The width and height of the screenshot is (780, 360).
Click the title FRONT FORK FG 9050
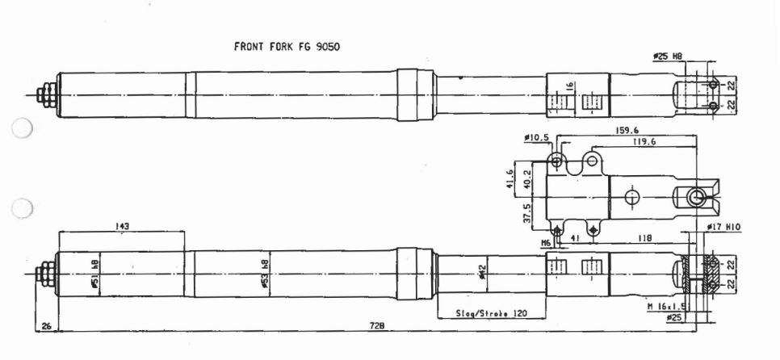pyautogui.click(x=287, y=46)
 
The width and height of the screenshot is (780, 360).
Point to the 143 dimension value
pyautogui.click(x=123, y=227)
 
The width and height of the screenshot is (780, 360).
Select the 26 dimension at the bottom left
pyautogui.click(x=46, y=325)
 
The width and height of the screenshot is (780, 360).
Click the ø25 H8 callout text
pyautogui.click(x=669, y=57)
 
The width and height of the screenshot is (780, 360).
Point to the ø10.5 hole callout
pyautogui.click(x=536, y=138)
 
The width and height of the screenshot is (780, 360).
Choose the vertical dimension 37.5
pyautogui.click(x=527, y=213)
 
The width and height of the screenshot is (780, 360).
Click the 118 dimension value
pyautogui.click(x=644, y=240)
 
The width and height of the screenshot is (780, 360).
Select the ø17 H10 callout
pyautogui.click(x=723, y=228)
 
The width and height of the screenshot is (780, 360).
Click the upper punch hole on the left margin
pyautogui.click(x=23, y=129)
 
